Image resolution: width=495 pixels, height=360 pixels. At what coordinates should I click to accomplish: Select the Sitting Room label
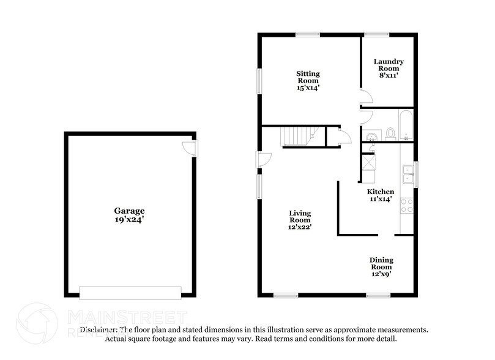tap(308, 77)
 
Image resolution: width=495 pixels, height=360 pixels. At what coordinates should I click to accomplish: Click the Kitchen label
tap(380, 192)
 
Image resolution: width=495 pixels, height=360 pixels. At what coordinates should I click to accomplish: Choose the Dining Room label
tap(381, 263)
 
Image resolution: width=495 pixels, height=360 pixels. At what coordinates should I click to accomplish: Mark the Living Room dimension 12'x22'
tap(300, 227)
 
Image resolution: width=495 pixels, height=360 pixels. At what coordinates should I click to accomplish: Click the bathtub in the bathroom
tap(404, 126)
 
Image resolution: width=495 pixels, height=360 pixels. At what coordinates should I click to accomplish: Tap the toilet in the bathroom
tap(390, 133)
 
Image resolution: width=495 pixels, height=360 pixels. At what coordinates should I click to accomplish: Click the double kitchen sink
tap(407, 175)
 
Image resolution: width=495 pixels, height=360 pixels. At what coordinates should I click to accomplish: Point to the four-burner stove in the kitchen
tap(406, 205)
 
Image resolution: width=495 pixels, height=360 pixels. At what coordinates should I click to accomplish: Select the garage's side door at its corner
tap(190, 148)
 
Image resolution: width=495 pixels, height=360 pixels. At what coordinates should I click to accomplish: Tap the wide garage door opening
tap(130, 291)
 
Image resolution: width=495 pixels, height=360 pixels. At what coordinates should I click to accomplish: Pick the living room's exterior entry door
tap(263, 160)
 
